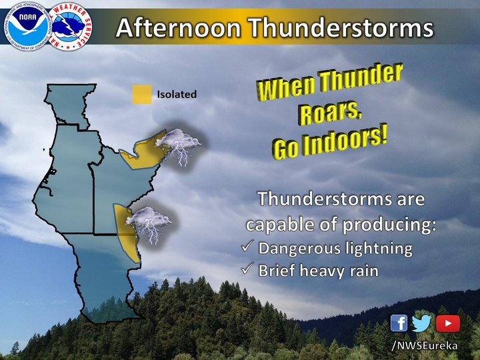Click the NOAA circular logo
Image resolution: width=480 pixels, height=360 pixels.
tap(27, 26)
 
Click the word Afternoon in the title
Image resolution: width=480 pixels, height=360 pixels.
tap(178, 27)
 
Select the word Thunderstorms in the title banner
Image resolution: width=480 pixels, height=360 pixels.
tap(341, 27)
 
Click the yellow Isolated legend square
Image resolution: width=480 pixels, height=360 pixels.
tap(142, 94)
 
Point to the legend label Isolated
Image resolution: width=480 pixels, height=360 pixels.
tap(177, 94)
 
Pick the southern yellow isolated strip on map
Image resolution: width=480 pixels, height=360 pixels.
tap(126, 233)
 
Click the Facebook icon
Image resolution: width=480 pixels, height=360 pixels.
tap(399, 323)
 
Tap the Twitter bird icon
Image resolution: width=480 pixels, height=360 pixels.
tap(421, 323)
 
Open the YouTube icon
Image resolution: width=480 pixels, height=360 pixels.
tap(447, 323)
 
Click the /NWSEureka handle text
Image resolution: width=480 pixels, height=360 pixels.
tap(425, 345)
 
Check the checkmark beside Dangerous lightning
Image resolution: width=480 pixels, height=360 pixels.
tap(247, 246)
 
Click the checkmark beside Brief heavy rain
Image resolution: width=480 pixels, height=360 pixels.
tap(247, 269)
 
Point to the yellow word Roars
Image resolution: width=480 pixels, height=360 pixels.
tap(331, 113)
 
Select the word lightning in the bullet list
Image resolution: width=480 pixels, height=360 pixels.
tap(379, 249)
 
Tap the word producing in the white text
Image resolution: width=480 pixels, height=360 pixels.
tap(389, 225)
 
